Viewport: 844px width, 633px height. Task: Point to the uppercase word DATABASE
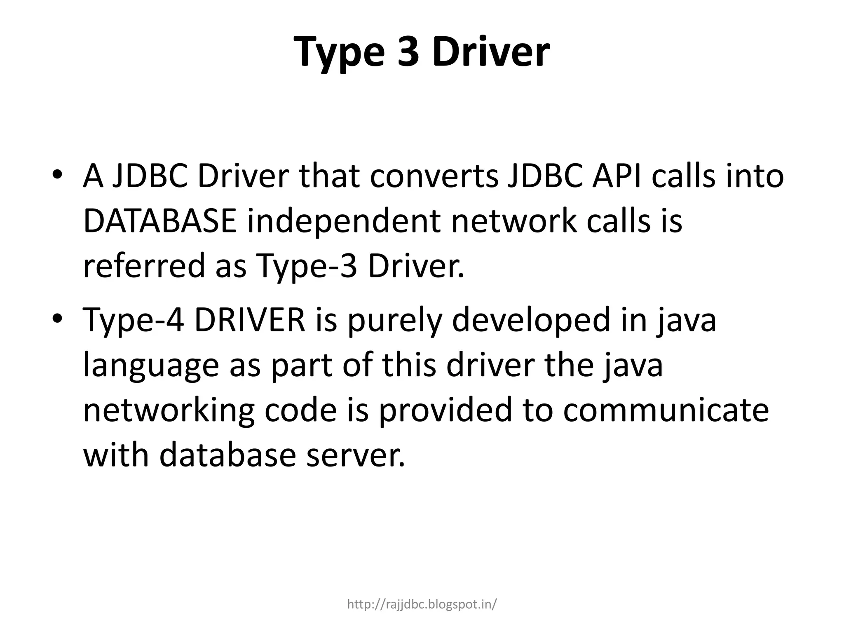click(159, 221)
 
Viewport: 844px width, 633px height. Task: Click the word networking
click(169, 411)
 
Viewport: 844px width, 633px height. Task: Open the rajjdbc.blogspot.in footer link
click(422, 604)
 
